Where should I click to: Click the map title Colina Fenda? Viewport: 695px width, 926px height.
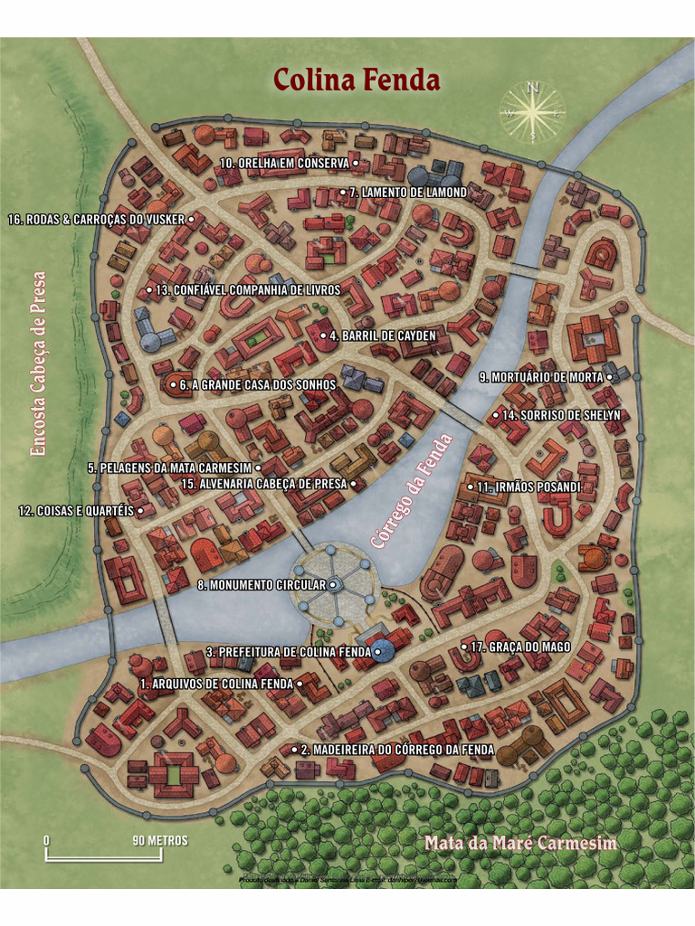pos(357,80)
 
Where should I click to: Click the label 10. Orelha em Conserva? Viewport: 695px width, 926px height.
pos(284,163)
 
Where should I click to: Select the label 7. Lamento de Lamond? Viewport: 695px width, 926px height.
pos(407,193)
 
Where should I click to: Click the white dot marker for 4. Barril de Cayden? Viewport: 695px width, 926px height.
pos(323,335)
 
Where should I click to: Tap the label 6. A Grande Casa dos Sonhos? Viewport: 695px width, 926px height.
pos(257,384)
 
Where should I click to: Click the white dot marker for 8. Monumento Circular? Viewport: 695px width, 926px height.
pos(333,585)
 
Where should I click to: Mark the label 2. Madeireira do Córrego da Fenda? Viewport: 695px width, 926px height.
pos(396,750)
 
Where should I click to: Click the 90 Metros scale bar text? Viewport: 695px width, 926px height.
pos(160,840)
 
